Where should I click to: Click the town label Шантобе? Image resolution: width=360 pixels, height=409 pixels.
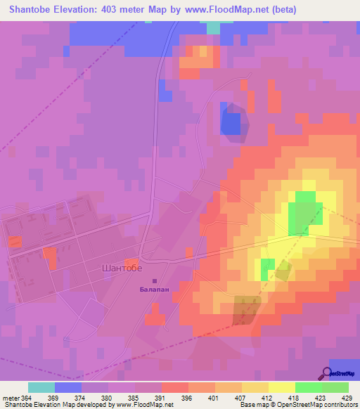point(122,268)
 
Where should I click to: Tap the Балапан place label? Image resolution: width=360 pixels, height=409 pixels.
point(154,289)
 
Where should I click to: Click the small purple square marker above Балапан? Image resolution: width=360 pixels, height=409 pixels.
point(155,281)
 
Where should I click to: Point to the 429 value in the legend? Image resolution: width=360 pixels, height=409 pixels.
point(348,398)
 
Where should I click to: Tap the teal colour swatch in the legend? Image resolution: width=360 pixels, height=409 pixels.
point(41,387)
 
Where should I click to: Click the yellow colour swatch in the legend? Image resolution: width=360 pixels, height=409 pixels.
point(281,387)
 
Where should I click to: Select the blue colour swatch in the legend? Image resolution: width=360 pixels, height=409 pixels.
point(68,387)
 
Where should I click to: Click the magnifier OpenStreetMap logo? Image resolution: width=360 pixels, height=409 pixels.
point(327,373)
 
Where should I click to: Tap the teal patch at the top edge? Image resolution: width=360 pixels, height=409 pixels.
point(213,26)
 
